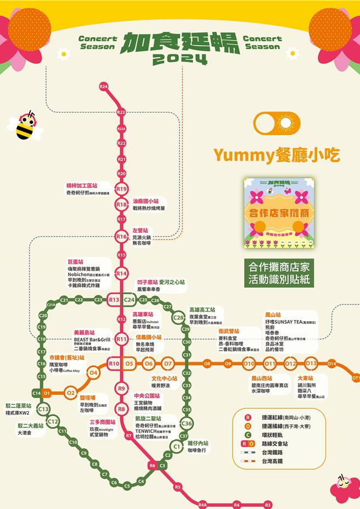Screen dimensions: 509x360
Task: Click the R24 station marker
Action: click(104, 87)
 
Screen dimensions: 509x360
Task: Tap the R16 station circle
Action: click(121, 237)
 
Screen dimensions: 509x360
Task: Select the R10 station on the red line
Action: click(114, 363)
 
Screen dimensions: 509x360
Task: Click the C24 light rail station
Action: click(130, 300)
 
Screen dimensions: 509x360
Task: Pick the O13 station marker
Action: click(311, 363)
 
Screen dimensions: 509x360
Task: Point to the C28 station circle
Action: click(179, 317)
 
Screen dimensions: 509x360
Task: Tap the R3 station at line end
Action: click(268, 504)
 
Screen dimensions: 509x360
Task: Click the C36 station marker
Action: click(187, 423)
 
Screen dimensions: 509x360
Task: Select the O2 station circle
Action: click(70, 393)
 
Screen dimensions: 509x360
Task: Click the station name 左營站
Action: click(140, 231)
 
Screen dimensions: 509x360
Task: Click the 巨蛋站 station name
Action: click(75, 262)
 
